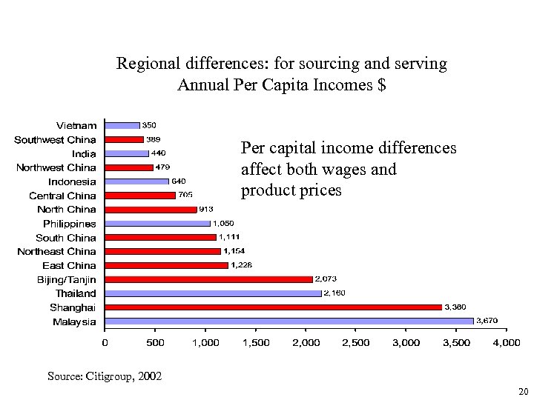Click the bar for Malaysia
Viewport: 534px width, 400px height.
289,321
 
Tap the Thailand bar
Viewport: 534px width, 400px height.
213,293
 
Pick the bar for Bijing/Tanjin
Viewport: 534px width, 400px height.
208,279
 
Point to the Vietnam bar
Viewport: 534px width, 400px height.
122,125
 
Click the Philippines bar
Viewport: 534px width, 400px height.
158,224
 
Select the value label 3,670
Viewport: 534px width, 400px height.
487,321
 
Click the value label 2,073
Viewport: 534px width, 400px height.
326,279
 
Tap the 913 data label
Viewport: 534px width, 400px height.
206,210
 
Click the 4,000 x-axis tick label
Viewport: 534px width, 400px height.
507,343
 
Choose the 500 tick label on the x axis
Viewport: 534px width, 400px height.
155,343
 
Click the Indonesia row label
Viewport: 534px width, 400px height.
72,181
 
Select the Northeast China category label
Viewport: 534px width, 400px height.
57,252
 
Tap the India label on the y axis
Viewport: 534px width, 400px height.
84,153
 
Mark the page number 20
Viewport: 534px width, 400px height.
524,391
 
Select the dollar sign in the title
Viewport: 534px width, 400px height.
381,84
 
